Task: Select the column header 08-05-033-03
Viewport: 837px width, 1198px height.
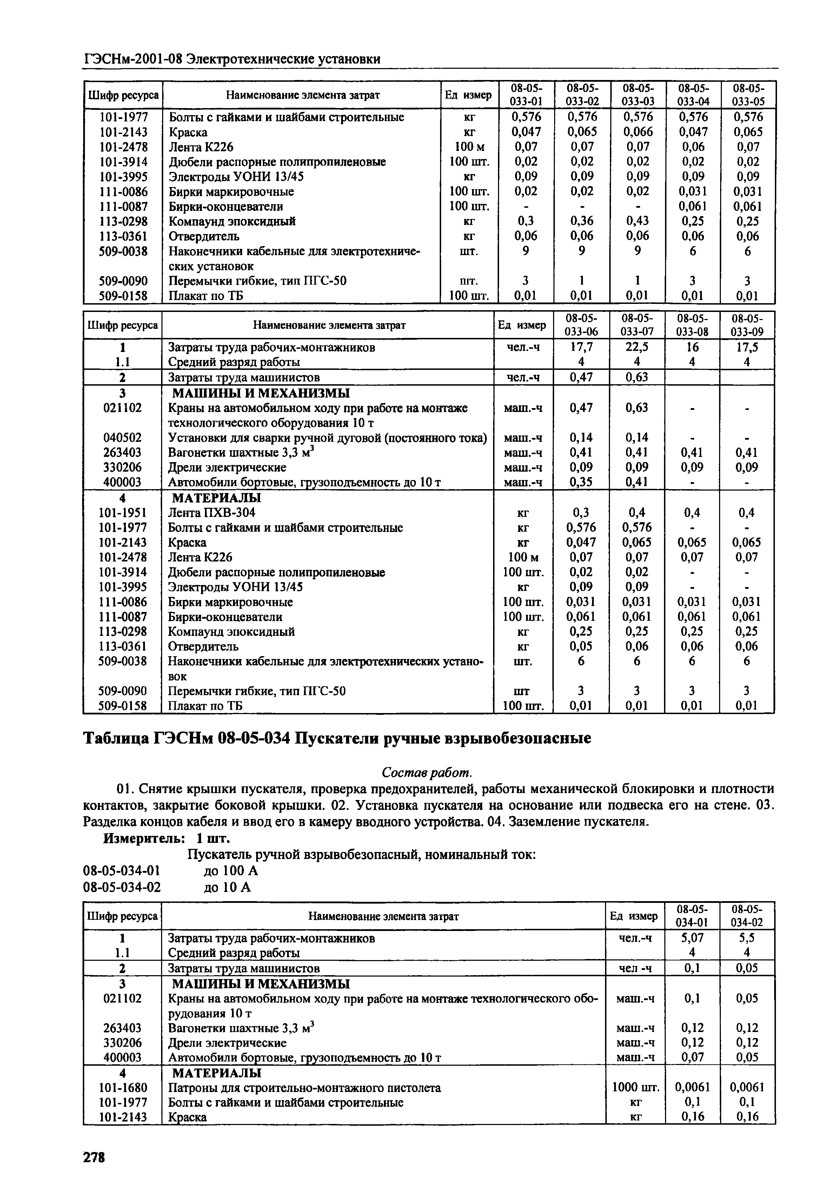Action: [x=638, y=94]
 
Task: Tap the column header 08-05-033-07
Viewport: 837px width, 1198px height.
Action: [x=637, y=325]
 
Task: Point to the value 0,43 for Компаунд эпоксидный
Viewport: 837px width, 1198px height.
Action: [x=637, y=221]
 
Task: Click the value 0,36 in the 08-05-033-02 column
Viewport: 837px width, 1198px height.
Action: [x=581, y=221]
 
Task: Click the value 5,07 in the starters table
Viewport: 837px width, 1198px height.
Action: [x=692, y=952]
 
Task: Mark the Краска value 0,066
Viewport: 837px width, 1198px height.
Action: [x=637, y=132]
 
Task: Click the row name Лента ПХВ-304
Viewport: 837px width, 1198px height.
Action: [x=212, y=512]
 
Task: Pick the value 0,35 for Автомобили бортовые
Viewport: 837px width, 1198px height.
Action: [x=581, y=482]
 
